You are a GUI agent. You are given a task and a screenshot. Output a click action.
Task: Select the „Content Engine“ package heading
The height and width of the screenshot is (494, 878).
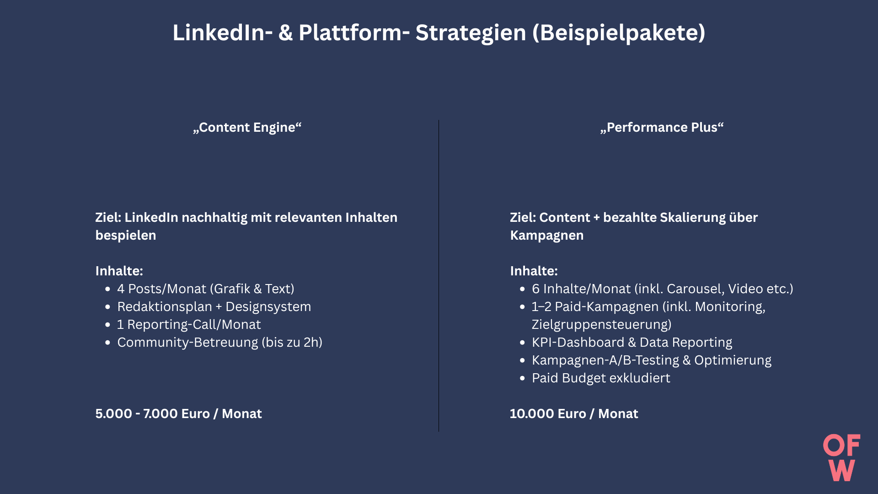[x=247, y=127]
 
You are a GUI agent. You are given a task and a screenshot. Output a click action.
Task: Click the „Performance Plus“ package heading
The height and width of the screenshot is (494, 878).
[x=662, y=127]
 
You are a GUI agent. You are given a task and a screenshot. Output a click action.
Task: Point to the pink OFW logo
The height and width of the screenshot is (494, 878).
[x=842, y=457]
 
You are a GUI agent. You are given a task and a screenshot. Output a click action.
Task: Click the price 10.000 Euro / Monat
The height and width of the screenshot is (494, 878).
[x=574, y=413]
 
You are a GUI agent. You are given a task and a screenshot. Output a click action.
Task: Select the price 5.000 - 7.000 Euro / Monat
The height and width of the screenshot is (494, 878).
[x=178, y=413]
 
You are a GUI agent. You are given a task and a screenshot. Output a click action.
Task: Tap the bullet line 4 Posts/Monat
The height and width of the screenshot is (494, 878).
[x=206, y=289]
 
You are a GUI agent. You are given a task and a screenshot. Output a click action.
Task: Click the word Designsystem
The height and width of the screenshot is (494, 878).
[x=268, y=306]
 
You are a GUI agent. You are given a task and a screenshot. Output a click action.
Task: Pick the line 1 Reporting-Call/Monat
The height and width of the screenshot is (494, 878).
[x=189, y=324]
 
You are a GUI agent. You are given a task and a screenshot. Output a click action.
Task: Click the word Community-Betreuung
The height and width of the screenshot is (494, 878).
[x=187, y=342]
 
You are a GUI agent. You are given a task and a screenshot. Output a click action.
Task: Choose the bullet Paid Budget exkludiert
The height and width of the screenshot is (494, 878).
[x=601, y=378]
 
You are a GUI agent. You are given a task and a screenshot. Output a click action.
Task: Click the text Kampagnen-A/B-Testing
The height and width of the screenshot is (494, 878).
[x=605, y=360]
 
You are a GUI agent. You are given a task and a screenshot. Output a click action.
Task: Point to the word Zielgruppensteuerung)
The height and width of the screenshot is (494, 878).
[x=602, y=324]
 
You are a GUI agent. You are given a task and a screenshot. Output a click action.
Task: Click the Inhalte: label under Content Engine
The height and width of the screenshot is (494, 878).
[x=119, y=271]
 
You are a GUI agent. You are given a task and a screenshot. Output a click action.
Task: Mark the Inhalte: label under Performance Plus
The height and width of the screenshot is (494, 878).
[x=534, y=271]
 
